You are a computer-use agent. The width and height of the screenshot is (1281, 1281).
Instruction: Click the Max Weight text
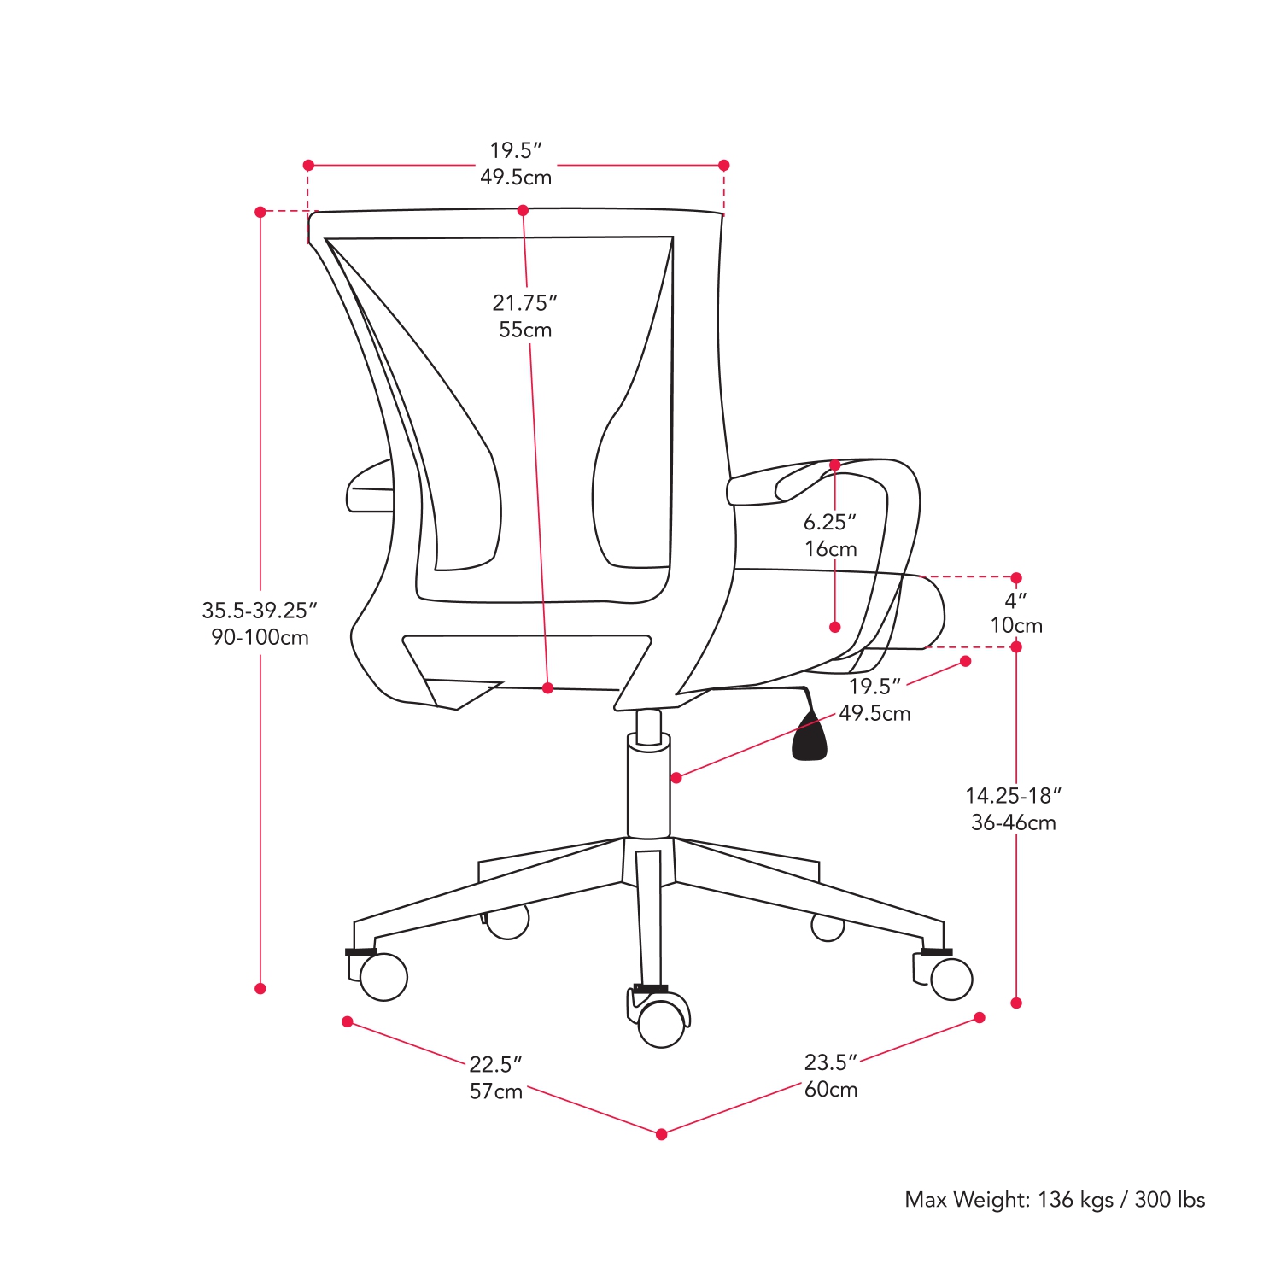pos(1055,1200)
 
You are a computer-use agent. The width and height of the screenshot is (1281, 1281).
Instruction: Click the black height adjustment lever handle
pos(810,738)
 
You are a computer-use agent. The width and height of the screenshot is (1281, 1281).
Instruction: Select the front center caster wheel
pos(662,1023)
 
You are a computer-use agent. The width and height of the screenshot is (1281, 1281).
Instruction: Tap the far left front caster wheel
pos(383,977)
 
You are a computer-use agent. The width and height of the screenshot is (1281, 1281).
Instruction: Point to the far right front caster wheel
pos(951,979)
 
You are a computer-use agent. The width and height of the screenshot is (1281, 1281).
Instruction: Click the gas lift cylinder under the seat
pos(649,790)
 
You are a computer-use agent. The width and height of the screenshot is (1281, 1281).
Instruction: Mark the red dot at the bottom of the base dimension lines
pos(662,1134)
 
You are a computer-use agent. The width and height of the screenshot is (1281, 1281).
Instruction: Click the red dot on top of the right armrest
pos(835,465)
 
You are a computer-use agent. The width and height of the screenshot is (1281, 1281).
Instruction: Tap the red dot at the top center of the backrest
pos(523,210)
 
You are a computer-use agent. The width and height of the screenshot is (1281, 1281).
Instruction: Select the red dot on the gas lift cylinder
pos(676,777)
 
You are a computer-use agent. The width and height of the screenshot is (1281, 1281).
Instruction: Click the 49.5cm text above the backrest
pos(516,178)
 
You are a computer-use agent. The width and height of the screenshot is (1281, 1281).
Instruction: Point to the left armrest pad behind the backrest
pos(369,491)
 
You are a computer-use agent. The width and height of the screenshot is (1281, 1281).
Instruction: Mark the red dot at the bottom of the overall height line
pos(260,988)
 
